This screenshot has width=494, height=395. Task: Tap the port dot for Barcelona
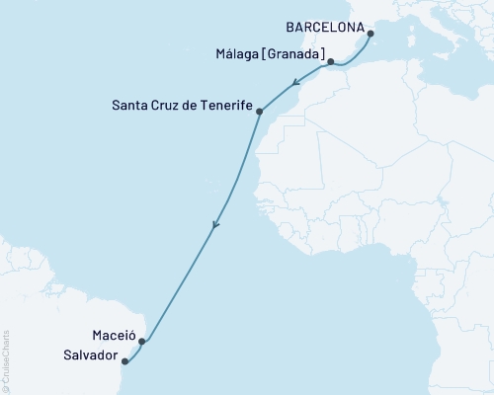point(370,34)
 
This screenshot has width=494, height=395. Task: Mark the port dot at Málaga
point(331,61)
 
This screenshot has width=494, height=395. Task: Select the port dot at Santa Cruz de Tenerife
point(259,112)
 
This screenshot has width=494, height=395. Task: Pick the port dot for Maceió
point(142,342)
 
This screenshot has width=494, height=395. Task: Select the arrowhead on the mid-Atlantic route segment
point(215,227)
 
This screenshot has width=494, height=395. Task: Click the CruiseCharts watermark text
point(6,355)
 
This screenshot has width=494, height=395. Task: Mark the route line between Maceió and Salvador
point(134,354)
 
